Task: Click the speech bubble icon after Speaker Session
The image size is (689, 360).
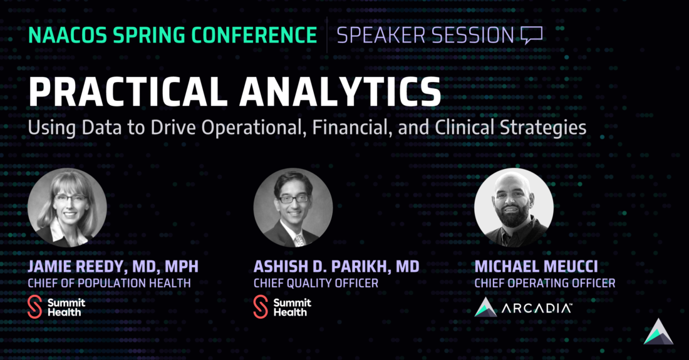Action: [532, 34]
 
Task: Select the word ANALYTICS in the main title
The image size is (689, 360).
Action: [340, 91]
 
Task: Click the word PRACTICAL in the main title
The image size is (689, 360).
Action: [127, 91]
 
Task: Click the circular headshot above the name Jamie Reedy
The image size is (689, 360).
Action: [67, 207]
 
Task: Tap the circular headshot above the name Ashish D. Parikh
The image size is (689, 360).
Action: [293, 207]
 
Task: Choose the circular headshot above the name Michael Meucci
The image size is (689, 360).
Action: [514, 207]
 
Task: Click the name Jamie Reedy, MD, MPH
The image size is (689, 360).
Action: [113, 267]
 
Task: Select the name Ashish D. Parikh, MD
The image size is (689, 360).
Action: [336, 267]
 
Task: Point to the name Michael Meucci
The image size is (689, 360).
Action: [536, 267]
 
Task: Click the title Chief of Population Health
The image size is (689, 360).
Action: [110, 283]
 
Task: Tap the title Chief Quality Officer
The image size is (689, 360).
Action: [316, 283]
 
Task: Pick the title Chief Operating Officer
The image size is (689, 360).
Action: [545, 283]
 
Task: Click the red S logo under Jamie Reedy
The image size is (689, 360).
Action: [34, 307]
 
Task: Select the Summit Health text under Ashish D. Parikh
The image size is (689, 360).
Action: [293, 307]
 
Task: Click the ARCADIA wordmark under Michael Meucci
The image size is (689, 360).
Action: [537, 308]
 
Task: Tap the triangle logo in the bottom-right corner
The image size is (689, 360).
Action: [658, 331]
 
